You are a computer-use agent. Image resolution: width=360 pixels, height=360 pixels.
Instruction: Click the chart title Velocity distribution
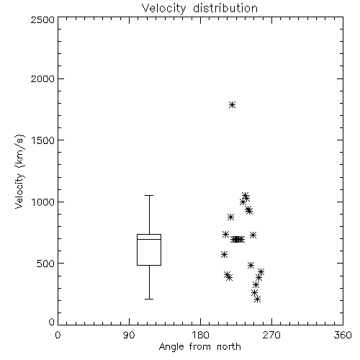(199, 9)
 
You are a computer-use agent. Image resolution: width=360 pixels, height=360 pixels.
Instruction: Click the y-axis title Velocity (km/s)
(19, 171)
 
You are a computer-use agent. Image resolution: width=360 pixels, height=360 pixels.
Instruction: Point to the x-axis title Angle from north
(199, 347)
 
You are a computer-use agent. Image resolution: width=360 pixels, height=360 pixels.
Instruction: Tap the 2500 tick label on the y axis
(42, 19)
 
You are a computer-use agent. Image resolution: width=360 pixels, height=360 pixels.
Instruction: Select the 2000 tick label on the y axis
(42, 78)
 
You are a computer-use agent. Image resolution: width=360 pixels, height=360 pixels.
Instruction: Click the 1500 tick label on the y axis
(43, 140)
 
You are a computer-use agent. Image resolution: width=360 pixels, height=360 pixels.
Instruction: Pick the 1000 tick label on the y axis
(43, 202)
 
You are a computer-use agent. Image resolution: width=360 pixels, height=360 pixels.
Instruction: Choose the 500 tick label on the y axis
(46, 264)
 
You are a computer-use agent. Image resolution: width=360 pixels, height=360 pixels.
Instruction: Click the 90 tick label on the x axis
(129, 335)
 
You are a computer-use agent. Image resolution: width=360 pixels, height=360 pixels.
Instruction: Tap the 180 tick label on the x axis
(200, 335)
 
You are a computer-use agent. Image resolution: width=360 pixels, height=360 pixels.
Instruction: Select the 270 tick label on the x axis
(271, 335)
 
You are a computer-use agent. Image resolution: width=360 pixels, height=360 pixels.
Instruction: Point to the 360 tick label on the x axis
(343, 335)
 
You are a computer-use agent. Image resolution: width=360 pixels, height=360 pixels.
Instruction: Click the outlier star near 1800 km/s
(232, 104)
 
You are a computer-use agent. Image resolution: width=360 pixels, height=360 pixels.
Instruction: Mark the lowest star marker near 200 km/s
(257, 300)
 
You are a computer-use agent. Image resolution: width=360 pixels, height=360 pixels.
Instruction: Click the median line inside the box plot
(149, 239)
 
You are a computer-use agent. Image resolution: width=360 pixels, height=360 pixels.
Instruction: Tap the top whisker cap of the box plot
(149, 196)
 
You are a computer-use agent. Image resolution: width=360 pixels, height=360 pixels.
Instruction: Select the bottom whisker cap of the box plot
(149, 299)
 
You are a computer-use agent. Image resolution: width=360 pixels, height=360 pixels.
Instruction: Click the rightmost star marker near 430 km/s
(261, 272)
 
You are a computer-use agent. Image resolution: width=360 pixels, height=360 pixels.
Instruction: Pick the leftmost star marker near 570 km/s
(224, 255)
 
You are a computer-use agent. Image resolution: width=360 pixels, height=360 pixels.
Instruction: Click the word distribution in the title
(225, 9)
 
